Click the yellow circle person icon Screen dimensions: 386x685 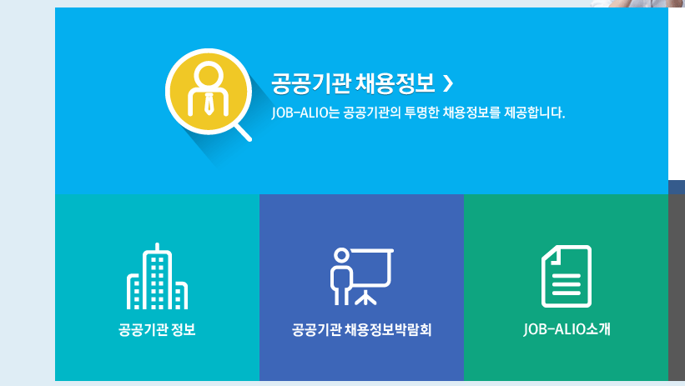click(204, 90)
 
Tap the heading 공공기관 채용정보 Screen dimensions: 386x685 click(353, 83)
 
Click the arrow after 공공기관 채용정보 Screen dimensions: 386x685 click(449, 83)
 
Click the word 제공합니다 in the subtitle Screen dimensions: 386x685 click(538, 112)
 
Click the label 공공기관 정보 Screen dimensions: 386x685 click(157, 329)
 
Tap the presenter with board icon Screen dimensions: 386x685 click(361, 276)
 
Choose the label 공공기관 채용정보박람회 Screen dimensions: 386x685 click(361, 329)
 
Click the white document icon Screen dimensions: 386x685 click(567, 276)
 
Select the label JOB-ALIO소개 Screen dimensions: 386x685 click(567, 329)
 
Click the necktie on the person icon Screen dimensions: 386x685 click(206, 103)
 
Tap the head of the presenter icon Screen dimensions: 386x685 click(340, 255)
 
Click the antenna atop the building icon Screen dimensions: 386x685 click(157, 248)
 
